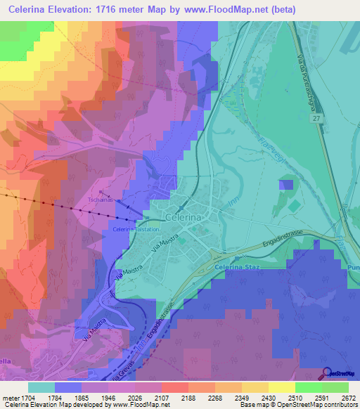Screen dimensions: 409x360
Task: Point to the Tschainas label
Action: tap(101, 199)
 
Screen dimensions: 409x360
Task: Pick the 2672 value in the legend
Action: tap(349, 398)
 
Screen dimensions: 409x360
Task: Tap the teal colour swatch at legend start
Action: tap(41, 387)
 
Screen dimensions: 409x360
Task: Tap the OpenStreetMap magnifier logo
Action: tap(326, 374)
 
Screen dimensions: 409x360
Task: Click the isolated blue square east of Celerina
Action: tap(286, 185)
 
